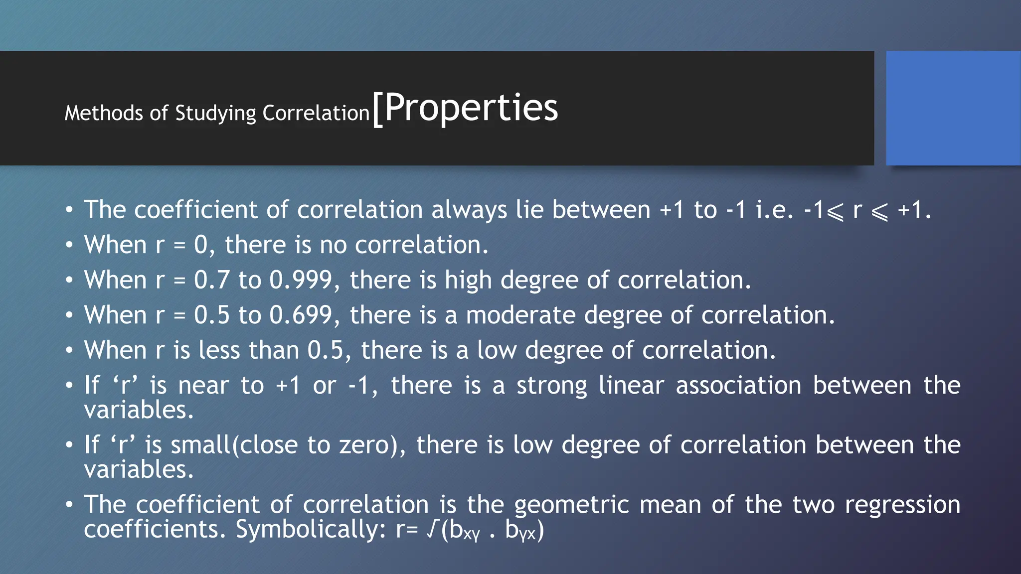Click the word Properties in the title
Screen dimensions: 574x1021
point(471,108)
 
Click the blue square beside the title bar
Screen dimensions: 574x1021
point(953,108)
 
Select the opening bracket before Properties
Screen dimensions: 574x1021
point(377,110)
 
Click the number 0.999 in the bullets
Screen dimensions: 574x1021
point(301,280)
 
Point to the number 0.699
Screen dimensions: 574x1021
point(301,315)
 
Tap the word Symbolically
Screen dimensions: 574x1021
point(307,529)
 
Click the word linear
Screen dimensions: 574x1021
point(631,386)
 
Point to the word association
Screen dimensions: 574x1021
point(738,386)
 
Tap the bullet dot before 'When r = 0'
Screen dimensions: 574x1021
point(69,245)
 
